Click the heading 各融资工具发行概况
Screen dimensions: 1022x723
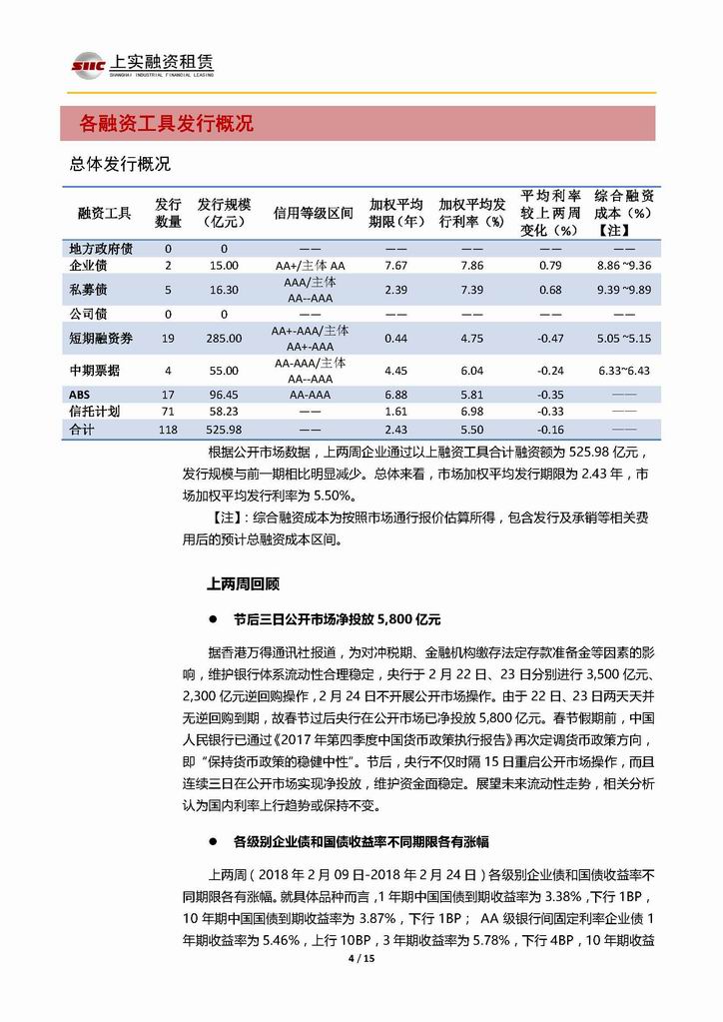[166, 124]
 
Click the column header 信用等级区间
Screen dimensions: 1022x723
[313, 213]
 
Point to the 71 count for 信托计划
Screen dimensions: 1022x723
[168, 412]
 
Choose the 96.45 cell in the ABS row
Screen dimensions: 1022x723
[224, 395]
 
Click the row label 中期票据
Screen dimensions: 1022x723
[95, 371]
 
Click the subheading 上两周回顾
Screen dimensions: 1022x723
[243, 581]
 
